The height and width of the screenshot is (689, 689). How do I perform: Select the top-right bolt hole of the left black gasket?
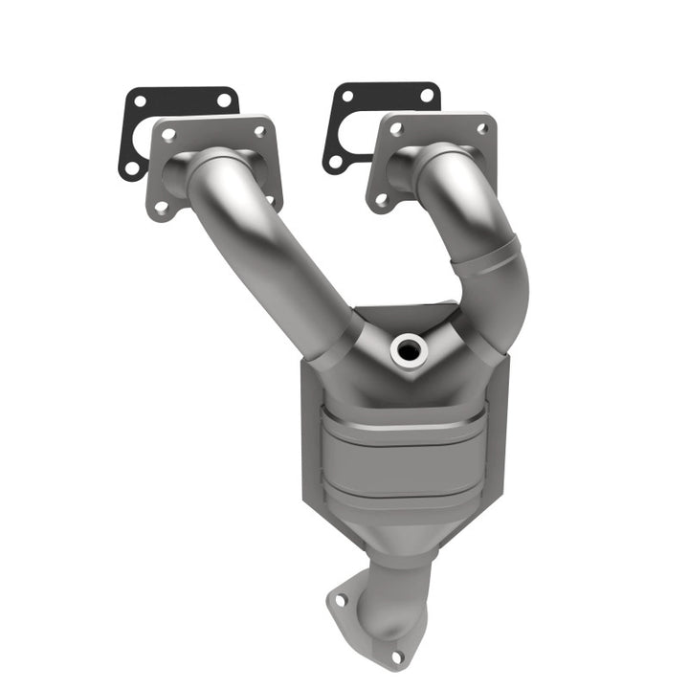223,100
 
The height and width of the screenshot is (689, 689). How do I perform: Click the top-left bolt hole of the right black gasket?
346,97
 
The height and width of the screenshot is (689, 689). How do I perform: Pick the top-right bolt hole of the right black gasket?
428,96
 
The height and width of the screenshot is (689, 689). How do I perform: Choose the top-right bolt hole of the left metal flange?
258,131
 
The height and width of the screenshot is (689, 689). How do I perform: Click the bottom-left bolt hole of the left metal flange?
161,206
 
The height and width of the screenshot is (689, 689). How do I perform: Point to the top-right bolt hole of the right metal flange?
482,127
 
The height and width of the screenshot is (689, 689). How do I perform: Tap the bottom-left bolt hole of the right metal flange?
382,200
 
